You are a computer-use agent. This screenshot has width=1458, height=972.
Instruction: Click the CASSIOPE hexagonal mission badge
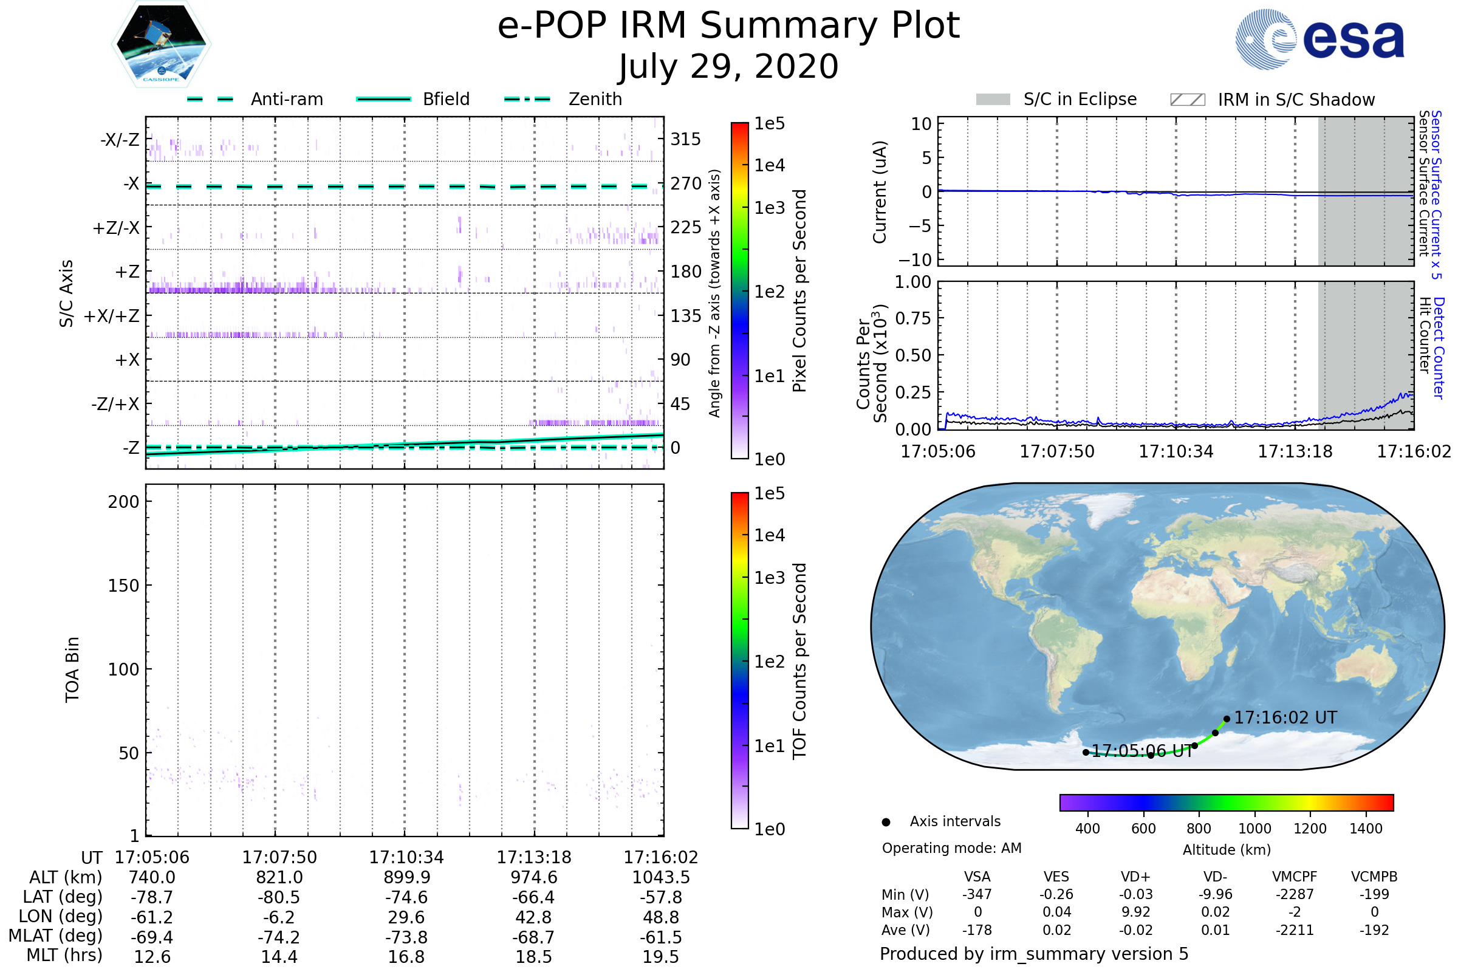161,44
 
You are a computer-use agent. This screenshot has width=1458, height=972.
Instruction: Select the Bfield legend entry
414,99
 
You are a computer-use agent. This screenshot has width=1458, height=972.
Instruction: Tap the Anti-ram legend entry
255,99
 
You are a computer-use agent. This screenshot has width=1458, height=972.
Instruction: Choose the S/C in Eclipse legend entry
1056,99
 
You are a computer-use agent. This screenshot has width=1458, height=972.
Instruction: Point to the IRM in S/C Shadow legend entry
1272,100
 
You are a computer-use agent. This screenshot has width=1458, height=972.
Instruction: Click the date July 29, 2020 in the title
728,66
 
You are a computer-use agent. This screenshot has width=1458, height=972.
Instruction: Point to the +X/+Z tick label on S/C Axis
112,316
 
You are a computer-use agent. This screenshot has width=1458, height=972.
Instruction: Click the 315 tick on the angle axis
686,139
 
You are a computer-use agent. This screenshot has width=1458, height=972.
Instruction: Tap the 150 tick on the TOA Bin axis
123,586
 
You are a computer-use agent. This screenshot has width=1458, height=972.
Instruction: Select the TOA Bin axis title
72,669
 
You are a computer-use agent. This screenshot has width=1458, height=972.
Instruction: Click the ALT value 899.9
406,877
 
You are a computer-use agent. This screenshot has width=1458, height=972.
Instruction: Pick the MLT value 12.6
152,956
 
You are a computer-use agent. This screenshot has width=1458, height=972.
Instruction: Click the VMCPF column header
1295,877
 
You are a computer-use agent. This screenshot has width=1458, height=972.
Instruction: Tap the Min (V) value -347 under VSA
977,894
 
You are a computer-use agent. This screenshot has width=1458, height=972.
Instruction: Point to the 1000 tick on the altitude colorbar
1254,828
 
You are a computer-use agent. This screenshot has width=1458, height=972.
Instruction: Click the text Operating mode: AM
951,848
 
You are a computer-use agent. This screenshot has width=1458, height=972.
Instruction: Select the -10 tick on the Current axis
920,259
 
